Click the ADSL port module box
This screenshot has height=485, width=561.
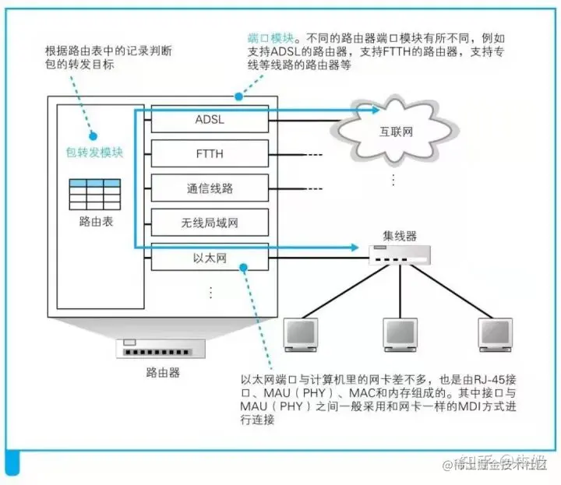(x=210, y=119)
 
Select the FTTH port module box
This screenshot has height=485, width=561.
(x=210, y=153)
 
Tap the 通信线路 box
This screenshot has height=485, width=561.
(x=210, y=188)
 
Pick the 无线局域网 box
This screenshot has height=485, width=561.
(x=210, y=223)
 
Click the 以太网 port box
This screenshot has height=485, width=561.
(x=210, y=257)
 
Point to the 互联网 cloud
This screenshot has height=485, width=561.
(x=396, y=131)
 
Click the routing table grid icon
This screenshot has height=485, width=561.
(x=96, y=193)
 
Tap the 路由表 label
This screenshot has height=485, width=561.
(x=96, y=222)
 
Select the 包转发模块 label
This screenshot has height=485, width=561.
(x=95, y=153)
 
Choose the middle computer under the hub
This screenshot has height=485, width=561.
(x=399, y=334)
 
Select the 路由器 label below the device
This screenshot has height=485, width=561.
(x=162, y=373)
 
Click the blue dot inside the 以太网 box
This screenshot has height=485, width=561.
(x=244, y=266)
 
